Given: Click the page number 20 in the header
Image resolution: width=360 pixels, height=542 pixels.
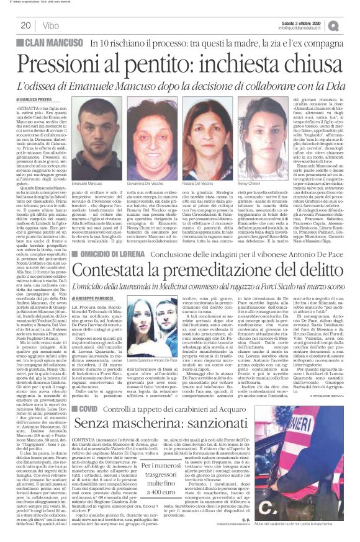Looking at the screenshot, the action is click(x=26, y=25).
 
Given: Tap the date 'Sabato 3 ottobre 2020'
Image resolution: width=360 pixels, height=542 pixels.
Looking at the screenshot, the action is click(x=308, y=23).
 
